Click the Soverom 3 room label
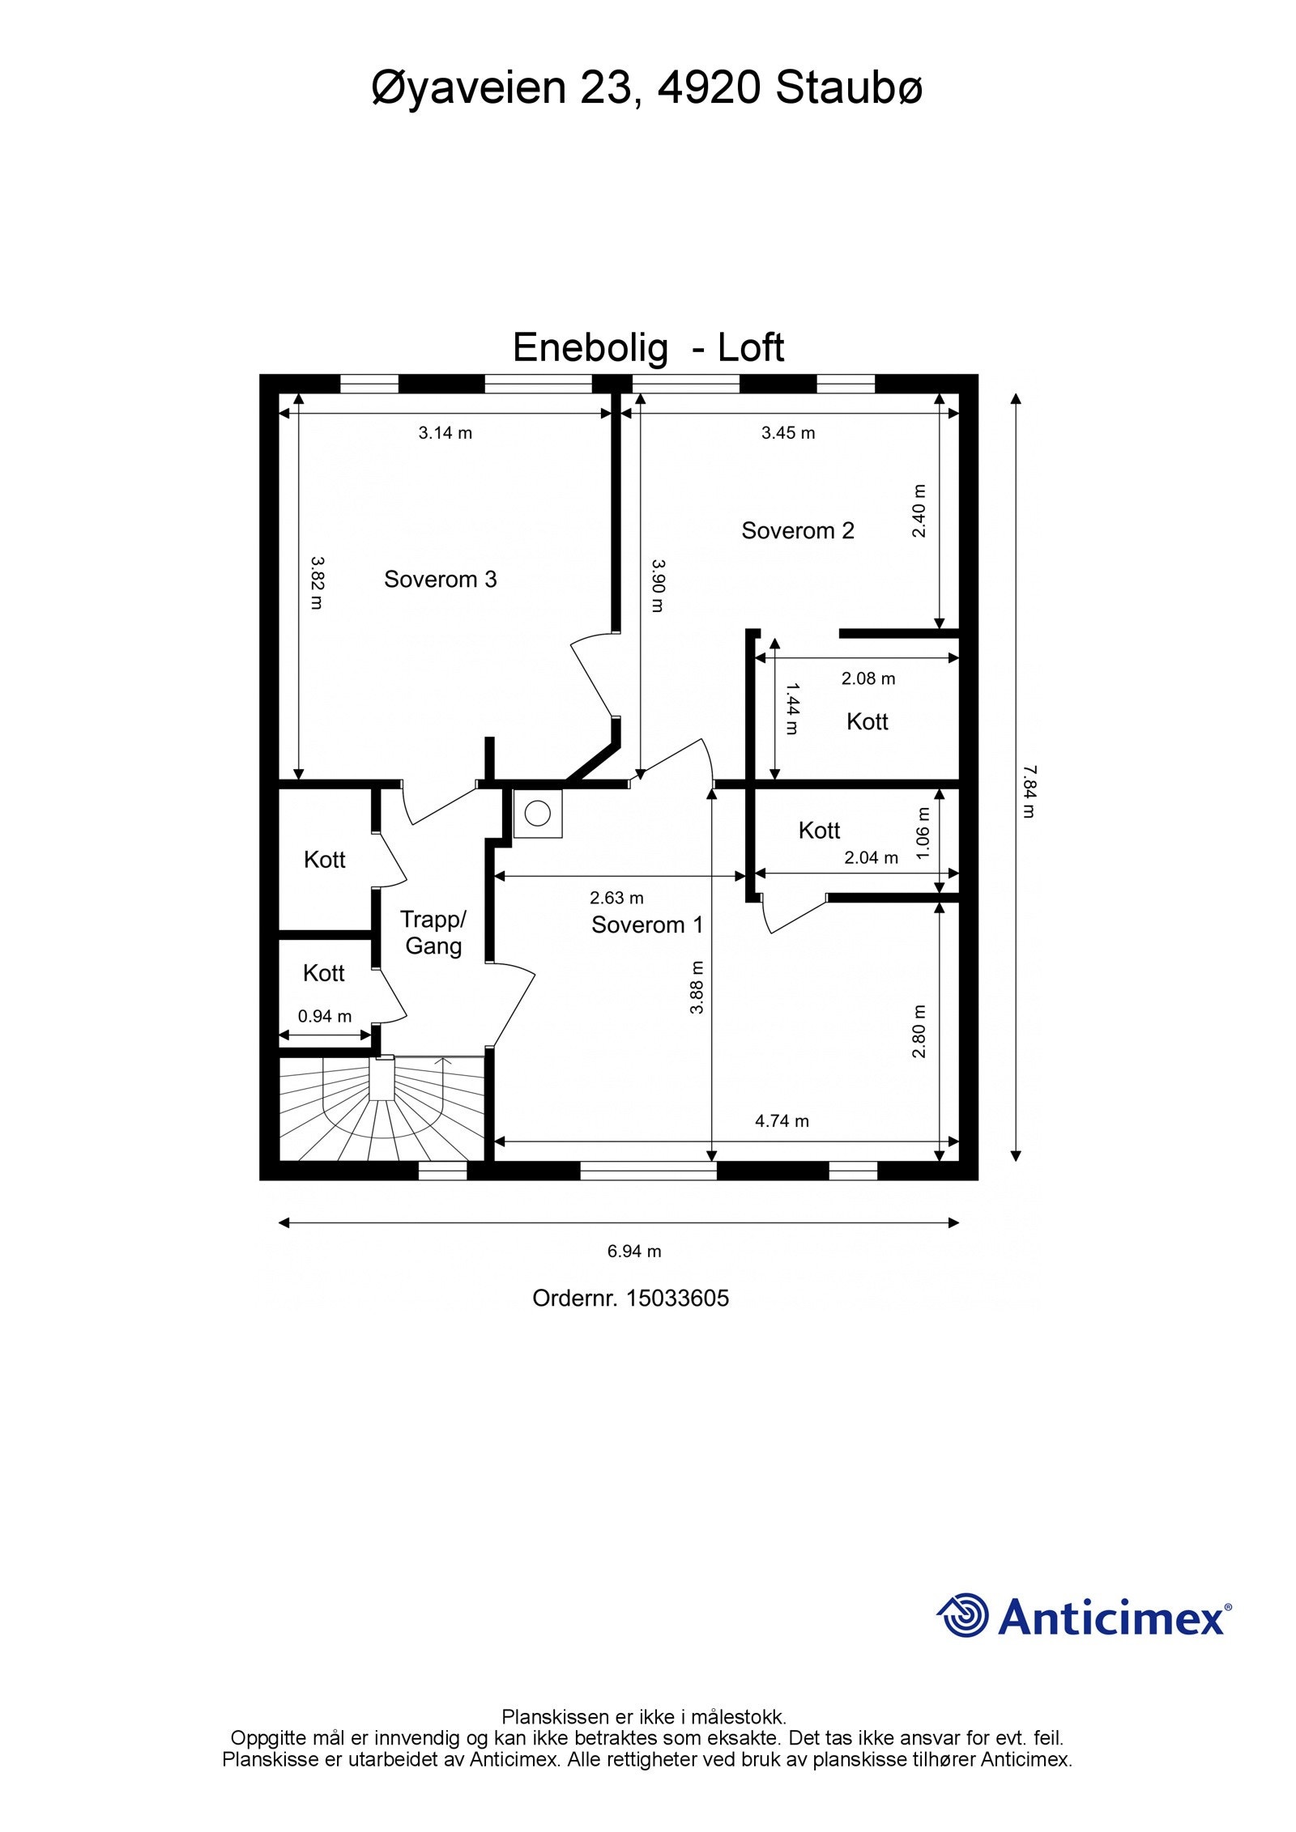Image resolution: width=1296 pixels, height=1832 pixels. click(440, 579)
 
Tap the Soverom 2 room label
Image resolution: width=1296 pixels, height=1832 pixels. click(798, 530)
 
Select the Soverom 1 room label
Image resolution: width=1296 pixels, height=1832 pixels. click(647, 925)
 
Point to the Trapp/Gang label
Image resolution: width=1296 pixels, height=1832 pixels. click(433, 933)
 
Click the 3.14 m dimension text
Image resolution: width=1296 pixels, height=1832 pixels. click(446, 433)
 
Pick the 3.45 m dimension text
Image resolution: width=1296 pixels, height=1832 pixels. click(788, 433)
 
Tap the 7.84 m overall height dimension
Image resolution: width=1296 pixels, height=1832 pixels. click(1028, 791)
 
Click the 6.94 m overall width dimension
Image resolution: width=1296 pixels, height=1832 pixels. click(634, 1252)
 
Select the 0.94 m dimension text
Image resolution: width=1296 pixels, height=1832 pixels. click(325, 1016)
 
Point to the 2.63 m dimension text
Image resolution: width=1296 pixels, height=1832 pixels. click(617, 898)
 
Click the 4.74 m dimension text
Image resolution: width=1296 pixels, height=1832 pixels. click(782, 1121)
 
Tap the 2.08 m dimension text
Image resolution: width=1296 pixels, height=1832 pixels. click(868, 678)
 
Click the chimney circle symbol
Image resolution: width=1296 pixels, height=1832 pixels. click(538, 812)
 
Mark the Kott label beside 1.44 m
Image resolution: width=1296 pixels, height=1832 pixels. click(868, 721)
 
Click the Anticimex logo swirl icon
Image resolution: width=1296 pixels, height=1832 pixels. click(963, 1615)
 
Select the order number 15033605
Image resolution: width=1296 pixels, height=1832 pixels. click(678, 1299)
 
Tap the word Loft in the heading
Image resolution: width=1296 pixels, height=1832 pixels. click(751, 348)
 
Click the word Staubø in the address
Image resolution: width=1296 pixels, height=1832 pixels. click(849, 87)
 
